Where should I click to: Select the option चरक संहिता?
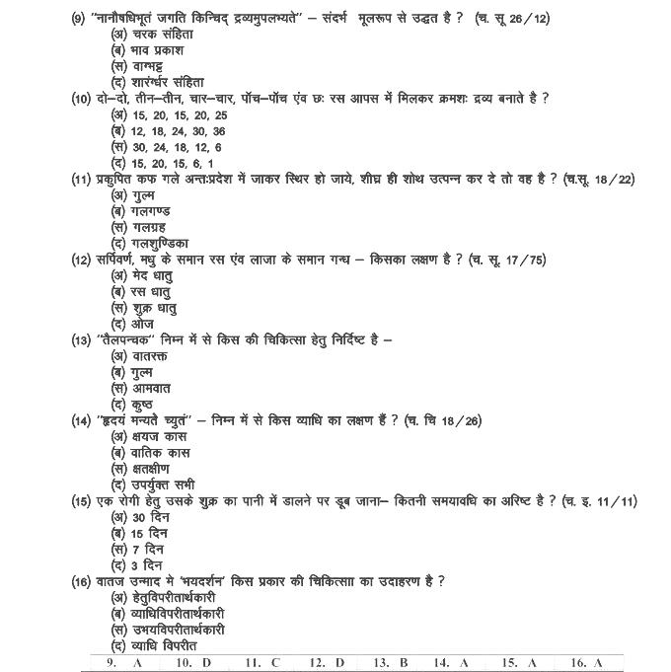coord(157,34)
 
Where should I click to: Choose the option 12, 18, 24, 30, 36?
coord(168,129)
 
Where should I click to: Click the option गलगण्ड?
coord(149,210)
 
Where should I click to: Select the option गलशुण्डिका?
coord(157,243)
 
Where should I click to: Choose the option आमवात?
coord(148,388)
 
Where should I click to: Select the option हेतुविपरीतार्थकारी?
coord(173,597)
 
